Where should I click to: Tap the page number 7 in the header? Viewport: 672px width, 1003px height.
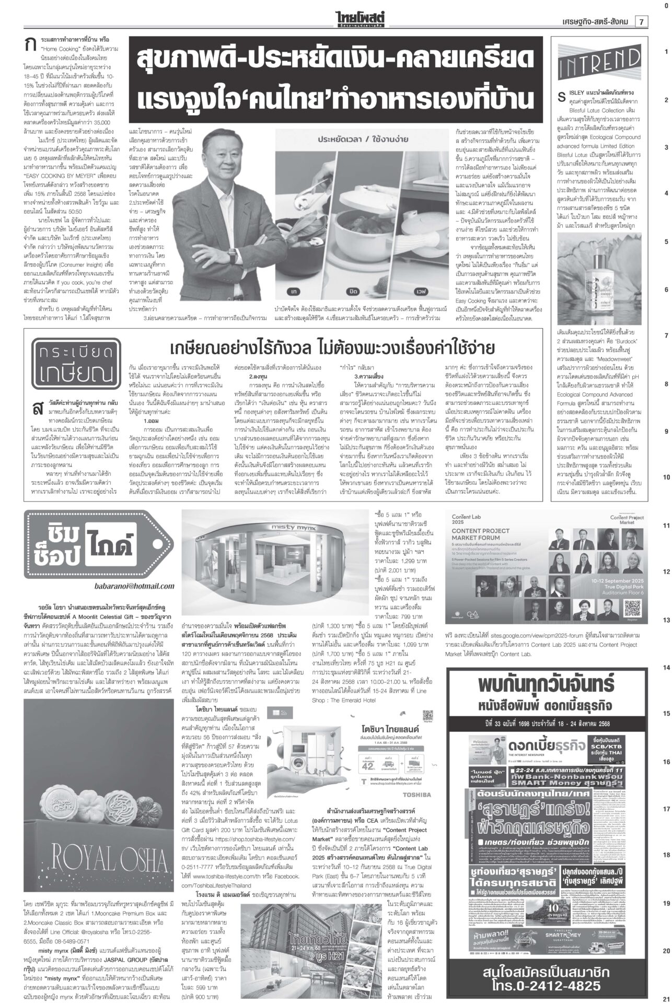coord(641,21)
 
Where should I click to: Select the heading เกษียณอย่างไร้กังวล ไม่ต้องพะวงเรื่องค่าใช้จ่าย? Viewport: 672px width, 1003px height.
coord(333,347)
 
